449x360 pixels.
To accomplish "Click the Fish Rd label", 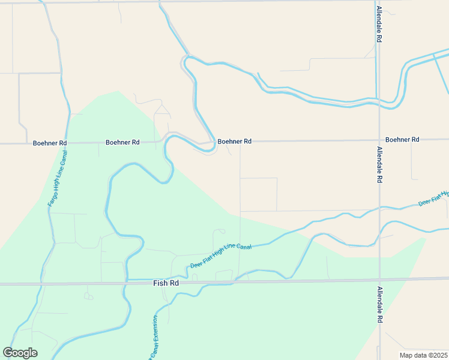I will tap(166, 283).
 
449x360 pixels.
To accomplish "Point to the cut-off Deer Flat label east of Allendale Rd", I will tap(433, 199).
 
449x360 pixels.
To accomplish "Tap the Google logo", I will tap(20, 353).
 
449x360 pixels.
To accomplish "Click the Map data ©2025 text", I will tap(423, 355).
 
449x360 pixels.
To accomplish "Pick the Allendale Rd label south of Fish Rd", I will tap(379, 305).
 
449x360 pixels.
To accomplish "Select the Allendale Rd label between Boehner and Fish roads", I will tap(379, 164).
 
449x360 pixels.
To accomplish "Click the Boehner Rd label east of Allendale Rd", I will tap(402, 139).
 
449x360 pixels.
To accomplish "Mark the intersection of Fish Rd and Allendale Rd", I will tap(379, 279).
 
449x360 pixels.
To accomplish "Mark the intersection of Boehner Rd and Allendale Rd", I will tap(378, 140).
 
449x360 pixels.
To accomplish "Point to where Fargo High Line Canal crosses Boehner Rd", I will tap(67, 143).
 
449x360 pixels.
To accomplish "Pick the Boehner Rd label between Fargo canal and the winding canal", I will tap(122, 142).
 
